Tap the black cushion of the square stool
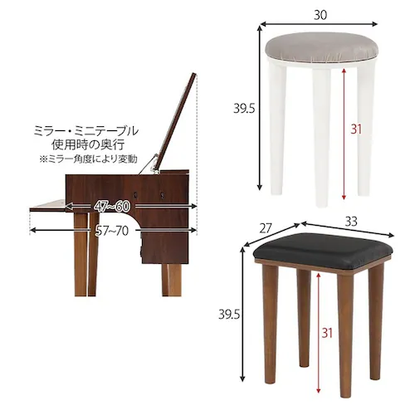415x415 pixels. pyautogui.click(x=320, y=247)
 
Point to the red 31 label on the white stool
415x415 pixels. pyautogui.click(x=355, y=129)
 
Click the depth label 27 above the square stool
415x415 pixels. pyautogui.click(x=265, y=228)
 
